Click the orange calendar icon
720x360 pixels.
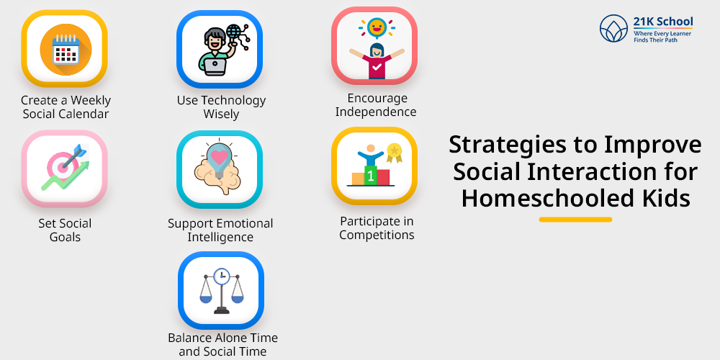[x=66, y=49]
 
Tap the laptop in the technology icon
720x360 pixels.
[x=215, y=66]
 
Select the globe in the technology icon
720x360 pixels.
[x=233, y=32]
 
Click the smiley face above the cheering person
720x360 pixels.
[x=377, y=27]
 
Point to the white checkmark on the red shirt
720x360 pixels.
[x=377, y=67]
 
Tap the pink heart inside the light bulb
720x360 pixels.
[x=219, y=158]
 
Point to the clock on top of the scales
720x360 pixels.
[x=221, y=276]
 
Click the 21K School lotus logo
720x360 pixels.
[x=614, y=29]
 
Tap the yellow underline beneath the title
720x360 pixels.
[x=575, y=220]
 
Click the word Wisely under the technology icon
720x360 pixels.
[x=221, y=114]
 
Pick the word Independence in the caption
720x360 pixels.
[x=376, y=112]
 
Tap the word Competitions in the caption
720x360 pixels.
[x=377, y=235]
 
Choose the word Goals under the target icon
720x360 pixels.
[x=66, y=237]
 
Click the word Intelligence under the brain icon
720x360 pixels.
[x=220, y=238]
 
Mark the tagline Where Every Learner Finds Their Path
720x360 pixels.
[x=662, y=37]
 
